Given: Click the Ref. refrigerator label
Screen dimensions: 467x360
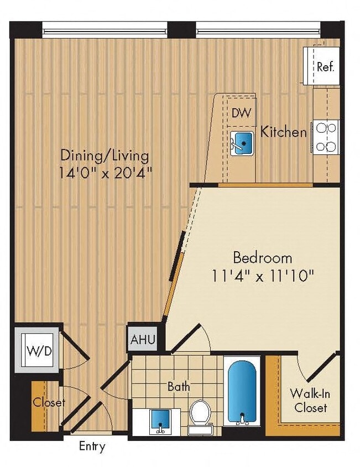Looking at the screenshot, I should coord(325,67).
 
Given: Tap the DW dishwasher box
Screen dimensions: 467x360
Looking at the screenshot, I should coord(241,113).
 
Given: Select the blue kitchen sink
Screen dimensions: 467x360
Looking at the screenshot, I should coord(242,142).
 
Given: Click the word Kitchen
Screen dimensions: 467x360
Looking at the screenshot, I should coord(283,132).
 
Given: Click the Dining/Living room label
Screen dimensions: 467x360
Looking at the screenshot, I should coord(105,155).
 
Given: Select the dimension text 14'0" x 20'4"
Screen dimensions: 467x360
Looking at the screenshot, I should coord(105,173).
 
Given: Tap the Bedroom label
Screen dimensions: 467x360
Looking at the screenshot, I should coord(262,257).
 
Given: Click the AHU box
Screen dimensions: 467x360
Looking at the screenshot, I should coord(143,339).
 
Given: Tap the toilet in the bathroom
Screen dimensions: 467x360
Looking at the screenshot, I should coord(200,414).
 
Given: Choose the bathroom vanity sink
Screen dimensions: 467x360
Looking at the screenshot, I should coord(159,421).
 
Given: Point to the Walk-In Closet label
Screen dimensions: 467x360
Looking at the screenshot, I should coord(309,401).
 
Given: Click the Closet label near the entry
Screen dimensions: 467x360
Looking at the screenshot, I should coord(49,402).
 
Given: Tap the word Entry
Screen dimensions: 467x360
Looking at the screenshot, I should coord(92,446).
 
